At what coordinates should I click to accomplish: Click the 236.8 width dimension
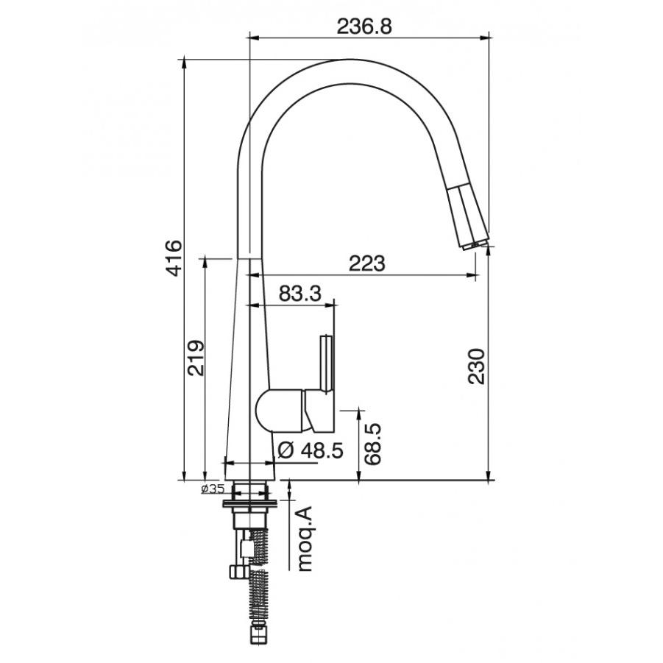point(364,26)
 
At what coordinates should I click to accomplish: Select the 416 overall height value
point(174,258)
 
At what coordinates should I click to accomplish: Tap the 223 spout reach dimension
point(366,263)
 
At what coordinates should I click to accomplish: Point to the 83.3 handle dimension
point(300,293)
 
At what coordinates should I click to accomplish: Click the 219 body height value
point(196,358)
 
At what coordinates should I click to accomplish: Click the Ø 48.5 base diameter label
point(311,451)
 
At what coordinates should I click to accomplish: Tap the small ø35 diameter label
point(213,489)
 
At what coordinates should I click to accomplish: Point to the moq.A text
point(305,538)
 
